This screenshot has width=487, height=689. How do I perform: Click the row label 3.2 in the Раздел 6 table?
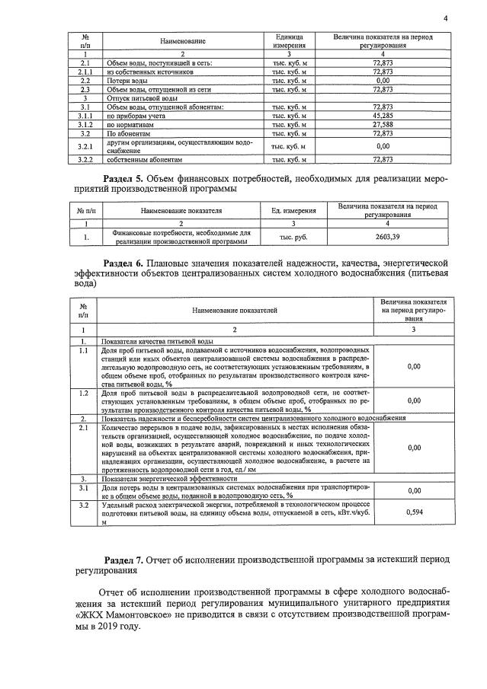[x=84, y=505]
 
